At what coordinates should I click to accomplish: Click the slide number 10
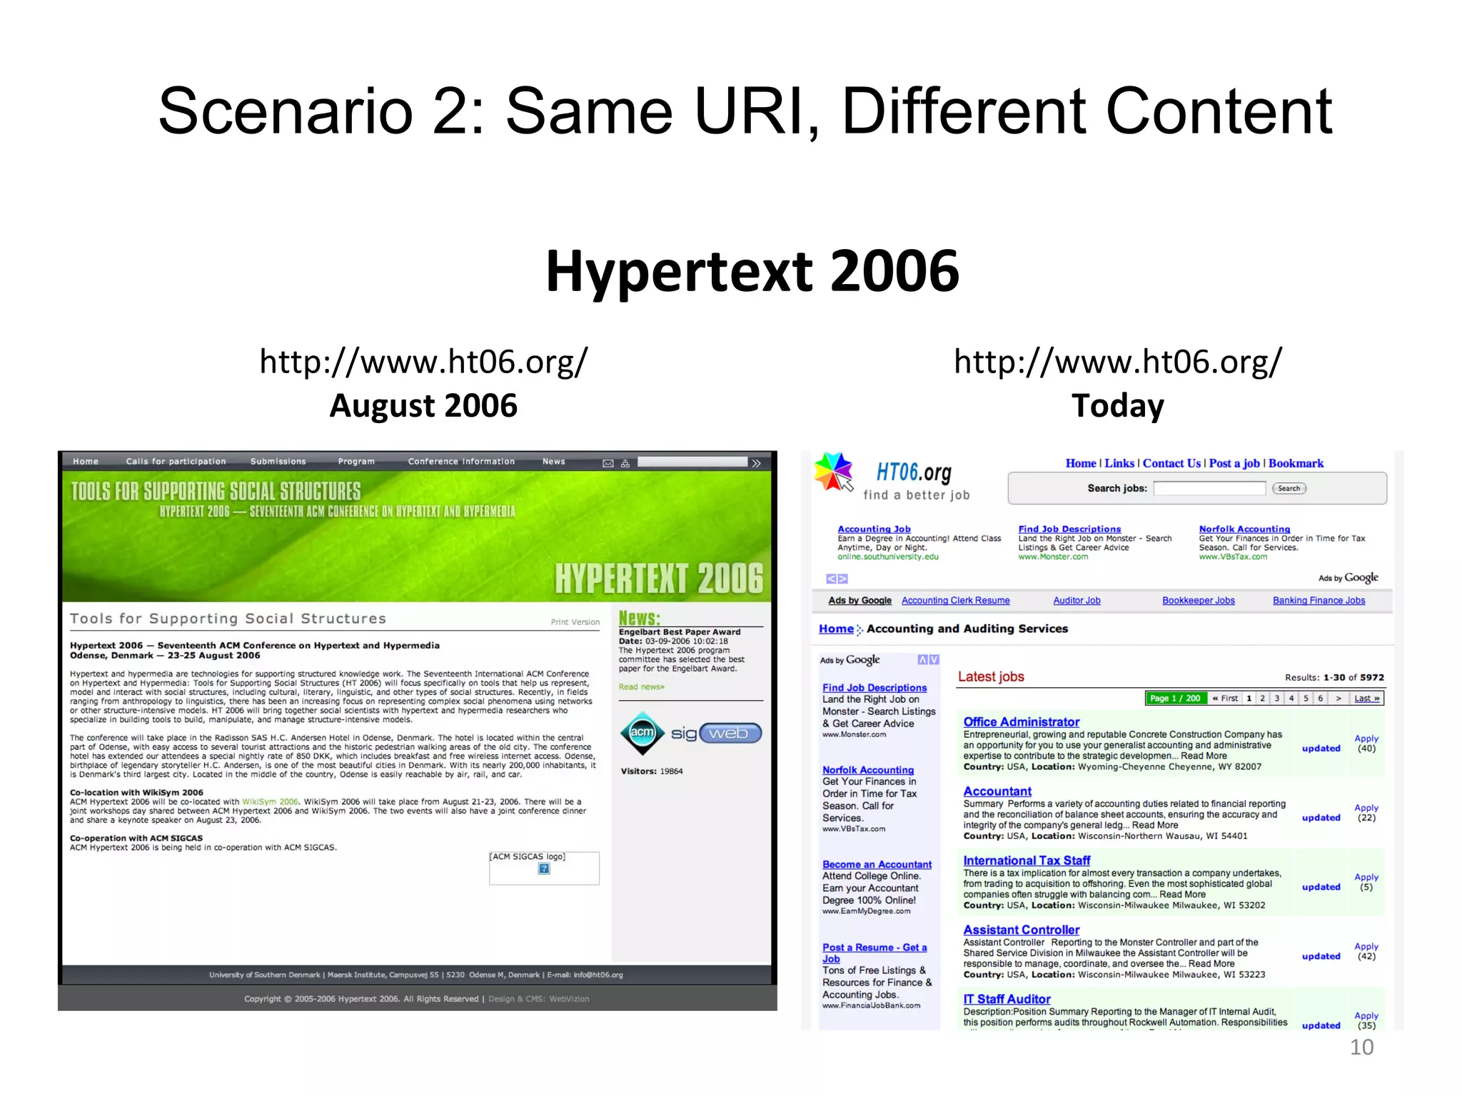(1361, 1047)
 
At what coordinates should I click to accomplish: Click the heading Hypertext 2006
(752, 271)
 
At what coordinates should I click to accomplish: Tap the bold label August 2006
(423, 405)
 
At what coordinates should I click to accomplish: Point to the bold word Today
(1117, 405)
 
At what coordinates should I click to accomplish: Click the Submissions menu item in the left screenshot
(278, 462)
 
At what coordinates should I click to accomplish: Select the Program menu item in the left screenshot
(356, 462)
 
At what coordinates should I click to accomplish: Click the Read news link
(641, 687)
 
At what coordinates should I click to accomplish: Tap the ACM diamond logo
(642, 733)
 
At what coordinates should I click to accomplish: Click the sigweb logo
(716, 734)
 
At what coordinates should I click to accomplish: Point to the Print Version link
(575, 622)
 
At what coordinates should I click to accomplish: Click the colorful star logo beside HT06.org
(834, 472)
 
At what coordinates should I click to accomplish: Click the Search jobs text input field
(1209, 488)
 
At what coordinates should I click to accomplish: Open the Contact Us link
(1171, 463)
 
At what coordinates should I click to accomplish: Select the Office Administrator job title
(1021, 722)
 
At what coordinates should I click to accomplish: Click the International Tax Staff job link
(1027, 861)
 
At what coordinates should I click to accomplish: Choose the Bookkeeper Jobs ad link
(1198, 601)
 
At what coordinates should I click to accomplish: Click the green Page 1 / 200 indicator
(1175, 698)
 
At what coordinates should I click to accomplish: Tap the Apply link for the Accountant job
(1366, 808)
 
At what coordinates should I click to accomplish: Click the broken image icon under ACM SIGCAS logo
(544, 868)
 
